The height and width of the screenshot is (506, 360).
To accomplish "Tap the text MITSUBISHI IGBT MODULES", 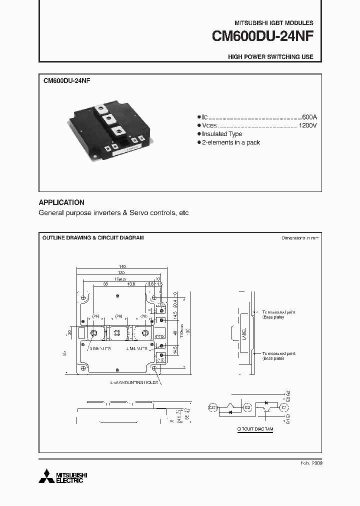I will [x=274, y=23].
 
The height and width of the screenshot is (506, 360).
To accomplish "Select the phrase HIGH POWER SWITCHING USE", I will [x=270, y=57].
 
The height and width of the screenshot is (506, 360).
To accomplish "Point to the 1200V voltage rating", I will [x=307, y=125].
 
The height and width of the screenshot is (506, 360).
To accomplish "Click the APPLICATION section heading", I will [x=61, y=202].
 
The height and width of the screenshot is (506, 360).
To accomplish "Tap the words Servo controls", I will [x=149, y=213].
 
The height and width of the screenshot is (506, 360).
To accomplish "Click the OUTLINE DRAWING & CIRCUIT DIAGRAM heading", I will [x=93, y=238].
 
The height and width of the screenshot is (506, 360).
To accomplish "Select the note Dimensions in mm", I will [x=300, y=238].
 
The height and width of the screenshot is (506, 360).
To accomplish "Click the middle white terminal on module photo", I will [x=108, y=118].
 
